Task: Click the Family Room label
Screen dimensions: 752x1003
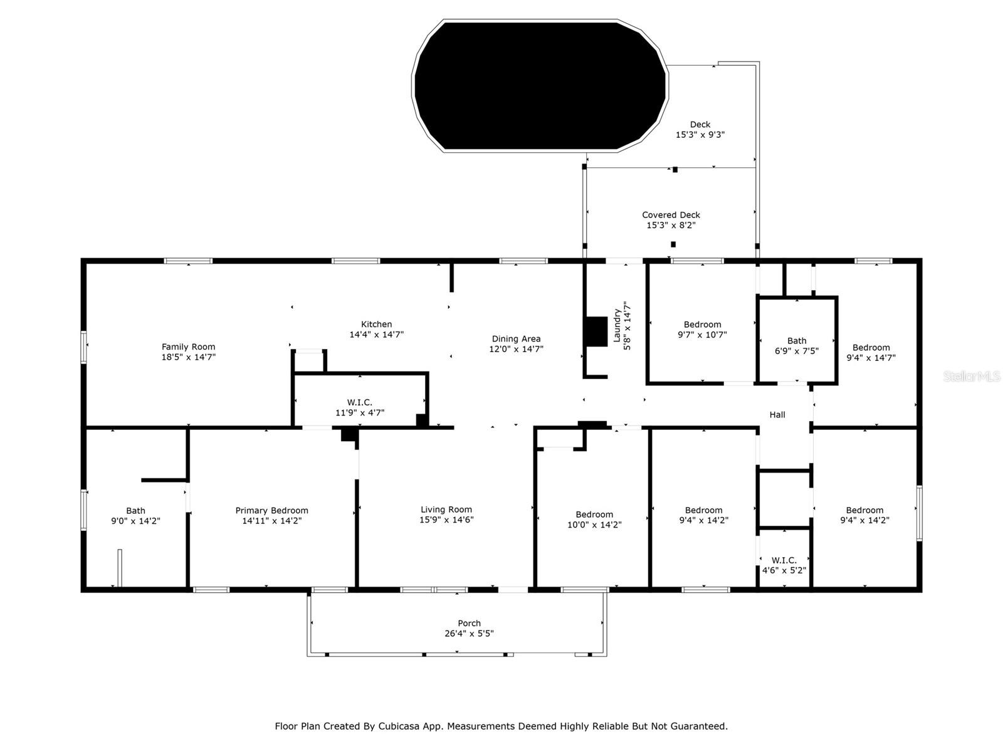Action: tap(188, 347)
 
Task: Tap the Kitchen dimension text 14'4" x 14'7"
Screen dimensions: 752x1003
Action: tap(376, 335)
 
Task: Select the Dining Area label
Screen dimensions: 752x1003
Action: tap(516, 339)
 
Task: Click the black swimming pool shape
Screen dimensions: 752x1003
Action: tap(539, 86)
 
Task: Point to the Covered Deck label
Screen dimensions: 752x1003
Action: tap(671, 215)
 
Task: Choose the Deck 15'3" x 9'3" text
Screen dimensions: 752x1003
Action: tap(700, 130)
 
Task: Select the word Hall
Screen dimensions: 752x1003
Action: tap(777, 415)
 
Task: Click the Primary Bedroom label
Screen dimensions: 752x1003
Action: tap(271, 511)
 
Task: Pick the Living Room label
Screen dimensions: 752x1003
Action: tap(446, 509)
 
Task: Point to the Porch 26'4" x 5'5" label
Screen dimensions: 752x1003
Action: tap(469, 628)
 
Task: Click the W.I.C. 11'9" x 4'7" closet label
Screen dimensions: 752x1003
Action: tap(360, 407)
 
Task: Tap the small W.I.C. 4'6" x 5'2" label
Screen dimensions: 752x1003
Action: tap(784, 565)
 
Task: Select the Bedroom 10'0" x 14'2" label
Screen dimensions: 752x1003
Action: tap(594, 520)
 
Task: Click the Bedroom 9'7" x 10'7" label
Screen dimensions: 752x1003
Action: tap(702, 330)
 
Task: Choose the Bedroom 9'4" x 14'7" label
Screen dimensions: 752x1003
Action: tap(871, 353)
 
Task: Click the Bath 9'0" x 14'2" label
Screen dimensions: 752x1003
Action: tap(135, 516)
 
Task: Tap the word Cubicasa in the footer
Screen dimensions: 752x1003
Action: tap(401, 726)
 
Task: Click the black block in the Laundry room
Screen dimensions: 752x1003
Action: tap(596, 332)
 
